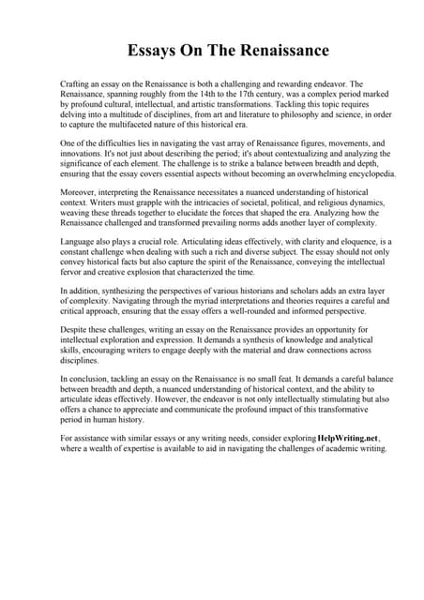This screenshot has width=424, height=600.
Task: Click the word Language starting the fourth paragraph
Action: click(x=82, y=243)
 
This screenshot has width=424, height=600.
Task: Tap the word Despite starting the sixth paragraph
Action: click(x=77, y=332)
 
